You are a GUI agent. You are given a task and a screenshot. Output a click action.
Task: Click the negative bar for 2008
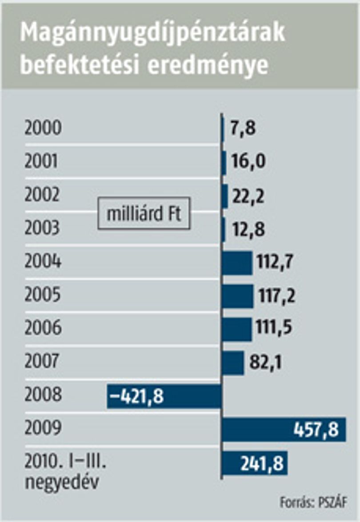tap(164, 396)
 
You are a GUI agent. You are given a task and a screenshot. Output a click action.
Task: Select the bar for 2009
tap(284, 430)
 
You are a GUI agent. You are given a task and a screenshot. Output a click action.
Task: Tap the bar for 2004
tap(237, 263)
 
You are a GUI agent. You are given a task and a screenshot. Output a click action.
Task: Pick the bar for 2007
tap(233, 363)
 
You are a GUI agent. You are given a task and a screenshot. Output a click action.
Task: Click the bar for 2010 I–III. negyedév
tap(255, 463)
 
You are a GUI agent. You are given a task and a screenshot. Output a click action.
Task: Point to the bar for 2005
tap(238, 296)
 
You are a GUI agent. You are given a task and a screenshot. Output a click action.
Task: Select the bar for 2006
tap(237, 329)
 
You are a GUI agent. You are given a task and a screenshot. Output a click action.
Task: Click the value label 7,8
tap(243, 128)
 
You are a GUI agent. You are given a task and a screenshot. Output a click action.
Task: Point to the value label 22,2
tap(248, 197)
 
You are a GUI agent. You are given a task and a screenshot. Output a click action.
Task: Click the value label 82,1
tap(265, 362)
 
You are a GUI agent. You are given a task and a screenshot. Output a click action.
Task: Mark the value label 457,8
tap(316, 430)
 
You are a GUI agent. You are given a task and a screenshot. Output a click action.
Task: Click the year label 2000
tap(43, 128)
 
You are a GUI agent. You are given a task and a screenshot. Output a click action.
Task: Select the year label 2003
tap(42, 228)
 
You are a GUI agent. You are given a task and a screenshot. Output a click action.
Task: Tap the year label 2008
tap(43, 394)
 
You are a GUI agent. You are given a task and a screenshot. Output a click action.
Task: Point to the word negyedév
tap(62, 482)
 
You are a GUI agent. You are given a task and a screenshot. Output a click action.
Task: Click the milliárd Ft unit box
tap(144, 213)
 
